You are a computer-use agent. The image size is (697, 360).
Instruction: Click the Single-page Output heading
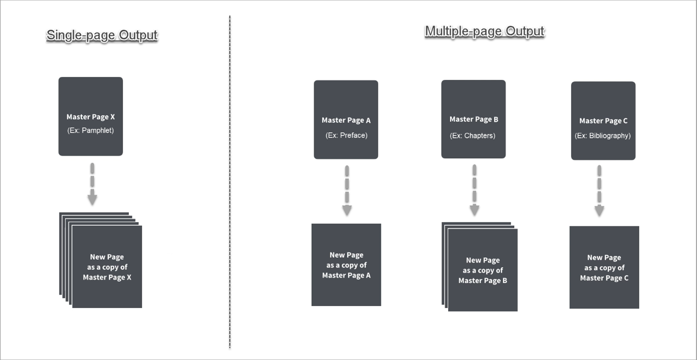(x=102, y=35)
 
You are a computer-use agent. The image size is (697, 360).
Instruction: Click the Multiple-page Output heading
(x=485, y=32)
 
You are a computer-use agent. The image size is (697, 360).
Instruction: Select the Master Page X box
(x=91, y=117)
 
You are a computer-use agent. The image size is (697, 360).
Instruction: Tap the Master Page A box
(x=346, y=120)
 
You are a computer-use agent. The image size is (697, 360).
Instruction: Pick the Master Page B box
(x=474, y=119)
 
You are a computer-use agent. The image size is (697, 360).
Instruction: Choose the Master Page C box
(x=603, y=120)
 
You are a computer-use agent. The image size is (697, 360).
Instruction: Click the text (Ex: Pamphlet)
(x=91, y=130)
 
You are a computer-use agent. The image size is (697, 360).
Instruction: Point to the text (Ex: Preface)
(x=346, y=135)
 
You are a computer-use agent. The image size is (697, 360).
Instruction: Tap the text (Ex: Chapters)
(x=472, y=136)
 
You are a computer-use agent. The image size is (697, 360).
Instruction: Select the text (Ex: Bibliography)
(x=603, y=136)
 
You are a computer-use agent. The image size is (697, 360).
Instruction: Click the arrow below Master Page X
(x=92, y=184)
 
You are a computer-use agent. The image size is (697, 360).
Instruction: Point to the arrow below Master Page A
(x=347, y=191)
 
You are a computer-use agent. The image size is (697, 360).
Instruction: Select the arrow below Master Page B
(x=474, y=191)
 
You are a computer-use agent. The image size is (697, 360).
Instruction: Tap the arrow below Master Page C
(x=600, y=191)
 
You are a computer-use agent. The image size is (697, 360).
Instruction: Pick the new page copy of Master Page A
(x=346, y=265)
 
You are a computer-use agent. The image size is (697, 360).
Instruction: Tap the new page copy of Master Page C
(x=604, y=267)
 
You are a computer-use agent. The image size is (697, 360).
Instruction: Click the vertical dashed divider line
(x=230, y=182)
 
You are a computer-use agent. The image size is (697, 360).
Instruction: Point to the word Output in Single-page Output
(x=139, y=35)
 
